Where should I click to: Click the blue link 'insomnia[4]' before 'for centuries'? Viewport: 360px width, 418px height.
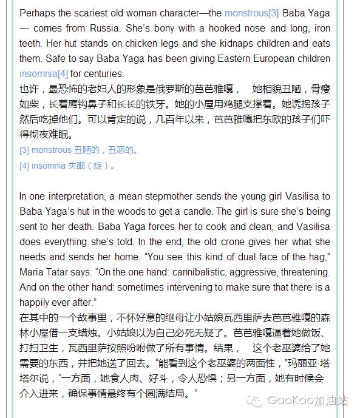tap(44, 74)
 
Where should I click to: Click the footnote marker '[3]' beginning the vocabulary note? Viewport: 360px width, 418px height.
tap(24, 150)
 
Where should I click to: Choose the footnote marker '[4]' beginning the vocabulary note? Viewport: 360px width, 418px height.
tap(24, 165)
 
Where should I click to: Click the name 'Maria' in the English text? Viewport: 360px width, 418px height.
tap(31, 272)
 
